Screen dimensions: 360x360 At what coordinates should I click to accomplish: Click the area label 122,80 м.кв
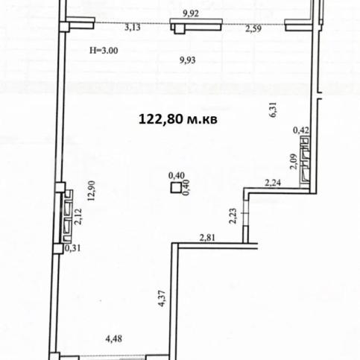178,119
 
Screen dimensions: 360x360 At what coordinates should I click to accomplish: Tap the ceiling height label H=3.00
104,51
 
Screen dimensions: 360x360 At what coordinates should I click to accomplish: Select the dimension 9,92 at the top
191,13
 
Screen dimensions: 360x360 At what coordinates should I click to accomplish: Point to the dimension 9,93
188,60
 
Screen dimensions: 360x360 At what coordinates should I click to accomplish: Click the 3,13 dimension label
133,28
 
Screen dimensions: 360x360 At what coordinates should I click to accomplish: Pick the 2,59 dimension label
253,29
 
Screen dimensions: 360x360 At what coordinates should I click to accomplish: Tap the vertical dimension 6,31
273,110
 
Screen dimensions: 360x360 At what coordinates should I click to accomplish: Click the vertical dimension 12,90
92,191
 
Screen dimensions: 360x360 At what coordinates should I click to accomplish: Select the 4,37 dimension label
162,298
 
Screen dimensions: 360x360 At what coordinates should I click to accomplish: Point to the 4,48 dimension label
114,339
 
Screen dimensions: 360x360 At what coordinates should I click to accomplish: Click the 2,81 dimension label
207,238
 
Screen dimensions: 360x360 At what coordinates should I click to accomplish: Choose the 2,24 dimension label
273,183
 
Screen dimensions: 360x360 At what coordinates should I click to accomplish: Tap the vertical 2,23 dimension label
233,215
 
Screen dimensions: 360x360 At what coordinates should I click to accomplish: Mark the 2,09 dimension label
294,162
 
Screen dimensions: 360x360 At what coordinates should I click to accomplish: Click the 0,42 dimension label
301,130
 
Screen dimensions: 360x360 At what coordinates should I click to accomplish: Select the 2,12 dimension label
78,217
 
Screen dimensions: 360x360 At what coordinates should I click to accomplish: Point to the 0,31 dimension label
73,248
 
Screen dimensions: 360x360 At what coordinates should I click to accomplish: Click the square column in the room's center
176,188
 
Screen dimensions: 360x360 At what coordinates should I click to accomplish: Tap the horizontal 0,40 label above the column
177,176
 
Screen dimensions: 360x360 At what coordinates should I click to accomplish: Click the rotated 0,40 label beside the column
186,188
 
